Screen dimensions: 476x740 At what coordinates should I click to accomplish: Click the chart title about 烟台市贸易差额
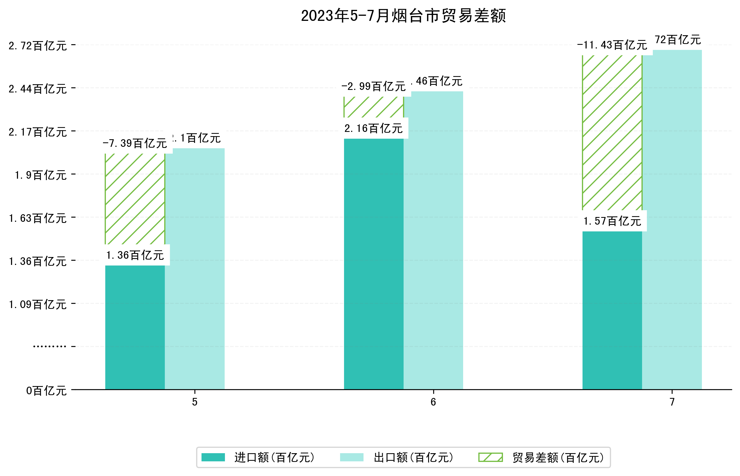coord(403,16)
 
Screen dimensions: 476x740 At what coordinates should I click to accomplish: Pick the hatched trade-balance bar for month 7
coord(612,133)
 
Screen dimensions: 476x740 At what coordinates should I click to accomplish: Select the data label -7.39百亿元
coord(135,143)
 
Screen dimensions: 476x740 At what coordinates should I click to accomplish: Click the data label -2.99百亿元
coord(374,86)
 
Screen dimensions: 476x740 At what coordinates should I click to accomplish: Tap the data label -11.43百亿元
coord(612,45)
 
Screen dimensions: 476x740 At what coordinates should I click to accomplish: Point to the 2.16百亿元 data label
coord(374,128)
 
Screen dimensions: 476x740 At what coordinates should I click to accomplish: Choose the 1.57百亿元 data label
coord(612,221)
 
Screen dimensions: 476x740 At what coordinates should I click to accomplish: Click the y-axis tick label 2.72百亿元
coord(38,46)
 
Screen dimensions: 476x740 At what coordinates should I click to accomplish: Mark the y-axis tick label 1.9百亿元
coord(41,175)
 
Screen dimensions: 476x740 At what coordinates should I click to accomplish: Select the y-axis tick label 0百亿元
coord(46,391)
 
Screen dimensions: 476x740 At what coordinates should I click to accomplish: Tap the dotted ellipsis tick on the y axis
coord(49,346)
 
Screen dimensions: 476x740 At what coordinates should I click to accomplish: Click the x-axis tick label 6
coord(433,402)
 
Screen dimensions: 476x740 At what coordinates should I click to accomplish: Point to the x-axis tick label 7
coord(672,402)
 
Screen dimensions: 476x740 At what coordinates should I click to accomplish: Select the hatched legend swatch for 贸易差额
coord(491,457)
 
